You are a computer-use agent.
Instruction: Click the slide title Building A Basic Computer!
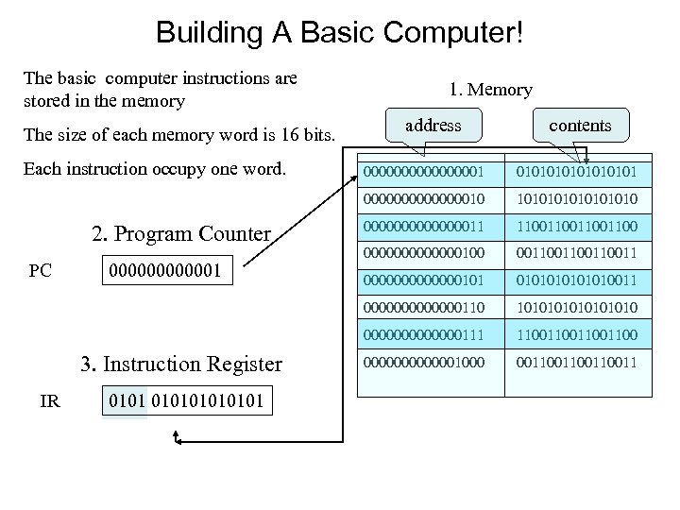pos(340,34)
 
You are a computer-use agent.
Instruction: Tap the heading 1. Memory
pos(491,91)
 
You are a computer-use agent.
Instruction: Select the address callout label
pos(433,125)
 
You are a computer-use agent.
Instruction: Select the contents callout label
pos(580,125)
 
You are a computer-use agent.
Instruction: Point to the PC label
pos(41,271)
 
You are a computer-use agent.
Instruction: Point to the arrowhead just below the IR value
pos(177,436)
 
